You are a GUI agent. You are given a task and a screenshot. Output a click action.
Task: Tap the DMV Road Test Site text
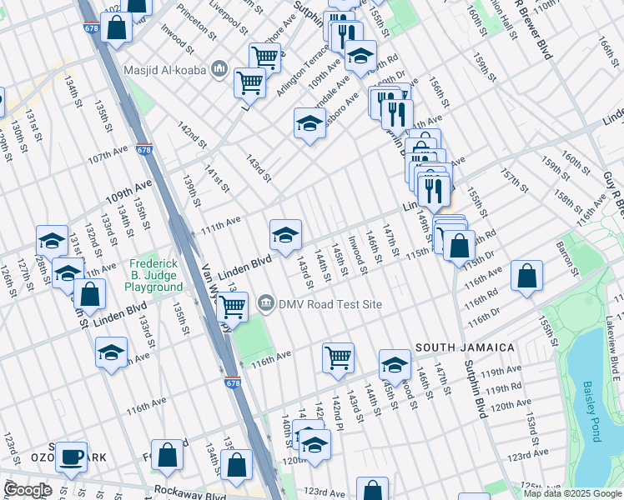point(330,304)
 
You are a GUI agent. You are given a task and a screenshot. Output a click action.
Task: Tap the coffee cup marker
point(72,456)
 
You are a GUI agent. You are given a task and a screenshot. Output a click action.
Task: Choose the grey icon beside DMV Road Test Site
point(265,302)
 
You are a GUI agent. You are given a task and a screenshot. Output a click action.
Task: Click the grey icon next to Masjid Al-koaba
point(219,67)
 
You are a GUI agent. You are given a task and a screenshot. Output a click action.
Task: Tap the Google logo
point(28,490)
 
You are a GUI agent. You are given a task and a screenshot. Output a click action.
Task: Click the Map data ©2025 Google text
point(572,493)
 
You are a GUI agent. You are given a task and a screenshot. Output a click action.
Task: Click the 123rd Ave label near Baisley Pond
point(534,457)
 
